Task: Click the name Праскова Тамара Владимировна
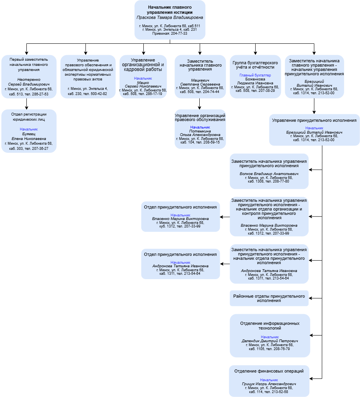(170, 17)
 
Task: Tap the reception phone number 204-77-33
(179, 34)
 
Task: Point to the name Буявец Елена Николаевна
(29, 136)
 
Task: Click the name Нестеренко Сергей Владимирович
(29, 82)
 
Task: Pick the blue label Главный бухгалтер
(255, 75)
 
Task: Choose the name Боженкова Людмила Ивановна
(255, 82)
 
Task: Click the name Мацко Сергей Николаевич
(143, 84)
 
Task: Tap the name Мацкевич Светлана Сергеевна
(200, 82)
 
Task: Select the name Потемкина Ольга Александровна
(200, 133)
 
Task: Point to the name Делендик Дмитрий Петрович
(270, 341)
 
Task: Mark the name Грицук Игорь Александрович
(270, 384)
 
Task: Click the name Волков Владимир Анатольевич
(270, 174)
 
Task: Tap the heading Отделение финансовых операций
(270, 371)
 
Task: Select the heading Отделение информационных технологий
(270, 326)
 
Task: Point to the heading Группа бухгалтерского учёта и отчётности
(255, 65)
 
